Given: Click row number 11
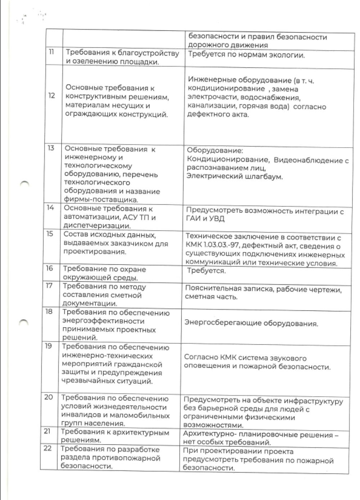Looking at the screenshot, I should (51, 52).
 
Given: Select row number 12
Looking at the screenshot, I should (51, 96).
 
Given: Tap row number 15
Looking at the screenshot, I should (50, 234).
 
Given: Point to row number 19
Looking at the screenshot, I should (48, 346).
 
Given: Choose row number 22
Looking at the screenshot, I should (47, 449).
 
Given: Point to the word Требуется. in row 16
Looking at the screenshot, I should (206, 271).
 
